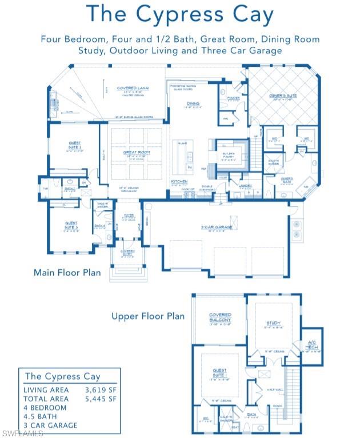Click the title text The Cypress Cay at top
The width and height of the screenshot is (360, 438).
tap(180, 16)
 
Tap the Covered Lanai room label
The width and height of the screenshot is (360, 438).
tap(133, 88)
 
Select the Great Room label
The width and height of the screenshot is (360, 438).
tap(136, 152)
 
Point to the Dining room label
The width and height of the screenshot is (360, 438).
tap(193, 103)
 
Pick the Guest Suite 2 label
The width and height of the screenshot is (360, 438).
tap(74, 145)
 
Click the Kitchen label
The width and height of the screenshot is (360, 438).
tap(179, 181)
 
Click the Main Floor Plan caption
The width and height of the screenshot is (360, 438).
tap(67, 272)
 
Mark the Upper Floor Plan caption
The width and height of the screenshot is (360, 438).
tap(148, 316)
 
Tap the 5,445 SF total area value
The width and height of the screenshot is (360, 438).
tap(101, 399)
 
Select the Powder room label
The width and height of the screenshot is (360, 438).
tap(233, 98)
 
